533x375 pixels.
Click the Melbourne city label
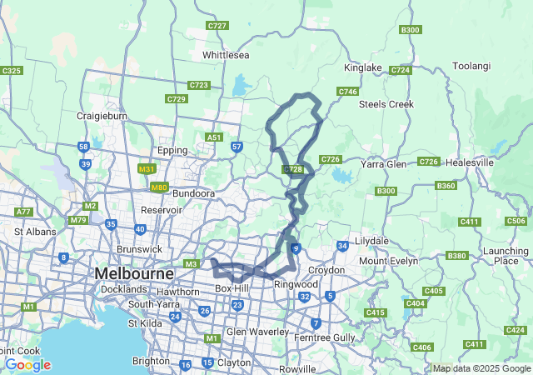coord(134,273)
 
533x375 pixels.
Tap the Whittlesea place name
coord(225,55)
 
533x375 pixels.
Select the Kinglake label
coord(362,67)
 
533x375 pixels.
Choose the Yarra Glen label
coord(383,164)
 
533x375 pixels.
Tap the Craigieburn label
coord(101,116)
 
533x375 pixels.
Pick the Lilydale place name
coord(372,241)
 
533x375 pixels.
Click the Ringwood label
coord(296,284)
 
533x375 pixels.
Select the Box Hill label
coord(232,288)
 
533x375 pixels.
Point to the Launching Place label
coord(506,256)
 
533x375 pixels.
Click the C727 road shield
coord(217,26)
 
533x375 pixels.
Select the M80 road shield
coord(160,187)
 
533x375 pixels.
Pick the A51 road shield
coord(215,137)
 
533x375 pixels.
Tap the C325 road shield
coord(12,71)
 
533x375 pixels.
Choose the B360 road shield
coord(446,186)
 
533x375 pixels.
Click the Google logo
coord(27,365)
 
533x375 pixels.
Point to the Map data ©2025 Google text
coord(481,368)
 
